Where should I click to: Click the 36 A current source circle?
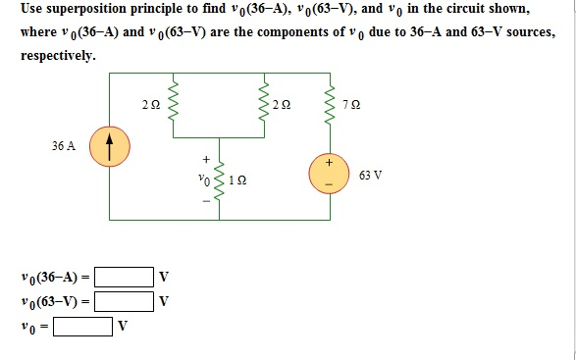(109, 150)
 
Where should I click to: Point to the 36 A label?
(64, 145)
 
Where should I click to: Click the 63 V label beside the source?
(370, 177)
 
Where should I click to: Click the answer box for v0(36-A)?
(124, 276)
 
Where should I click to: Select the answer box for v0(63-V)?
(124, 299)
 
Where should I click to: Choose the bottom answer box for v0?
(82, 324)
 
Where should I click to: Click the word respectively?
(58, 55)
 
